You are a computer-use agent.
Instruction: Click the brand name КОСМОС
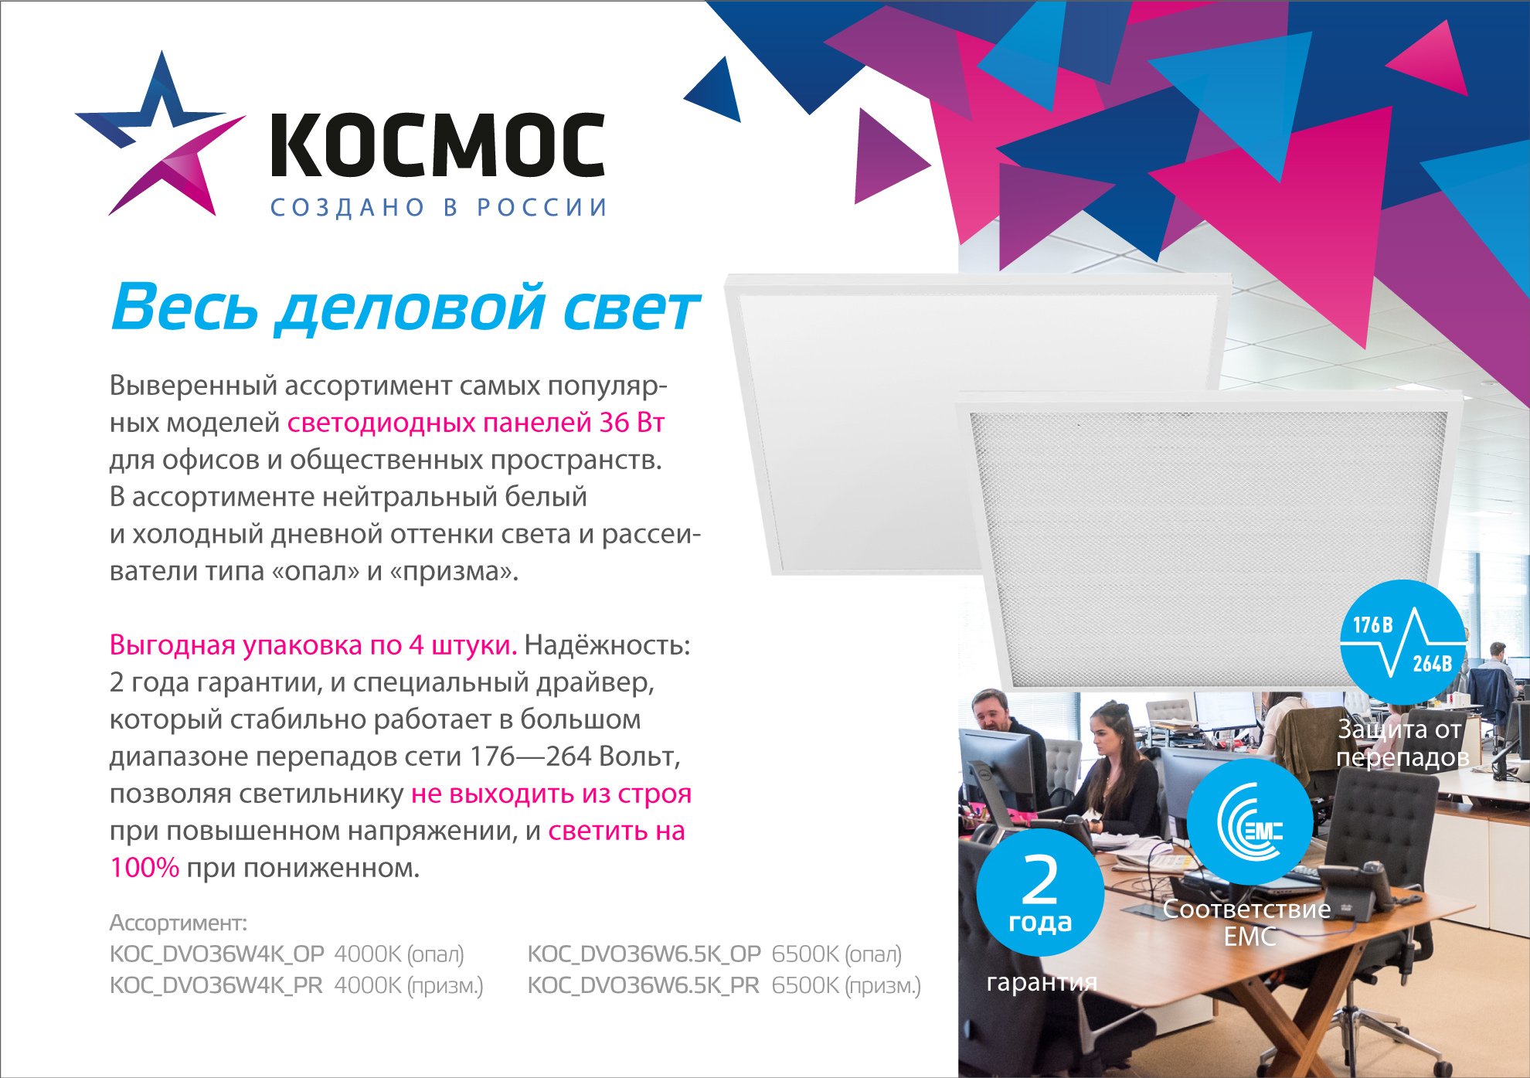(437, 145)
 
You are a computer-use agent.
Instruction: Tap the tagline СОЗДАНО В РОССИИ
(439, 207)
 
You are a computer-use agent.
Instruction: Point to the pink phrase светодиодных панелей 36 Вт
(476, 423)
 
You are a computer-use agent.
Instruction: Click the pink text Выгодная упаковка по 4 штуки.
(313, 645)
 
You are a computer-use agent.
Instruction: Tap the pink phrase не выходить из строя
(551, 794)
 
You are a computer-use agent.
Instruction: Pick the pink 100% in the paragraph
(144, 868)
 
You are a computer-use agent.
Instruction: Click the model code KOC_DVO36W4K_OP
(217, 954)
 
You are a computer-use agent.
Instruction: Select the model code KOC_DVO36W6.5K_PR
(644, 986)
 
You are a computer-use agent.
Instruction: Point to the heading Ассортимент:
(178, 923)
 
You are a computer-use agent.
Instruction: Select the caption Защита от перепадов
(1402, 743)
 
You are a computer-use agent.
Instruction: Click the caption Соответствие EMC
(1247, 923)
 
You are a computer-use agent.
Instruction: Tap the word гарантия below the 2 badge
(1042, 982)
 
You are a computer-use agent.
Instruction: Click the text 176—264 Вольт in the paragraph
(575, 757)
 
